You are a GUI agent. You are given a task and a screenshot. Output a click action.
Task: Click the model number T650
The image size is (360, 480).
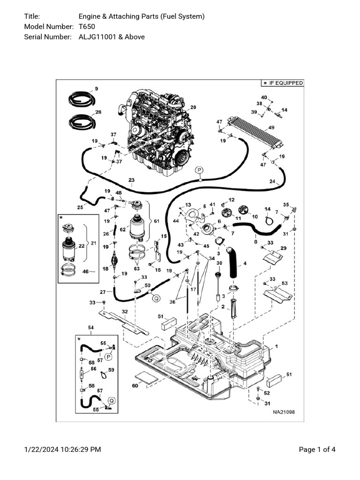coord(87,27)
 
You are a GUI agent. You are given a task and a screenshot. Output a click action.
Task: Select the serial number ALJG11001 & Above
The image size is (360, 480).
coord(112,37)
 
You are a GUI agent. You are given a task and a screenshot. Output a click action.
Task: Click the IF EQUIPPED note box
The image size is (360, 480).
coord(282,83)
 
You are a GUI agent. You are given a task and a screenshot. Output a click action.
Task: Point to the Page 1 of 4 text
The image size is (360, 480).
coord(317,450)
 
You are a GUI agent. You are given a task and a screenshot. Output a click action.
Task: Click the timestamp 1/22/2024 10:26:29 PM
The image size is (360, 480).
coord(62,450)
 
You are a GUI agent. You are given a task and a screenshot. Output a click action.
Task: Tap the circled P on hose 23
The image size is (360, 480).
coord(199,170)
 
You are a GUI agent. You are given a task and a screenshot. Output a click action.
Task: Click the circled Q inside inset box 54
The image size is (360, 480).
coord(112,400)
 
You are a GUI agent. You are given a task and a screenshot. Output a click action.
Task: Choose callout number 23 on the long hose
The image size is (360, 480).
coord(131,180)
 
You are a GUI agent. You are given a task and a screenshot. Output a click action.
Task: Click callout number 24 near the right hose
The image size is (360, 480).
coord(272,181)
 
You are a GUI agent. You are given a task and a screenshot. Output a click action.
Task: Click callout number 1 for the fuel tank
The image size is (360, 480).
coord(276,346)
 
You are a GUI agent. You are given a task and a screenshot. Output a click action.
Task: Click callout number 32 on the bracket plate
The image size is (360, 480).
coord(124,312)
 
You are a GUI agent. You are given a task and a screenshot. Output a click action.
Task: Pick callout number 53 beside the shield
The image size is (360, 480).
coord(284,284)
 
